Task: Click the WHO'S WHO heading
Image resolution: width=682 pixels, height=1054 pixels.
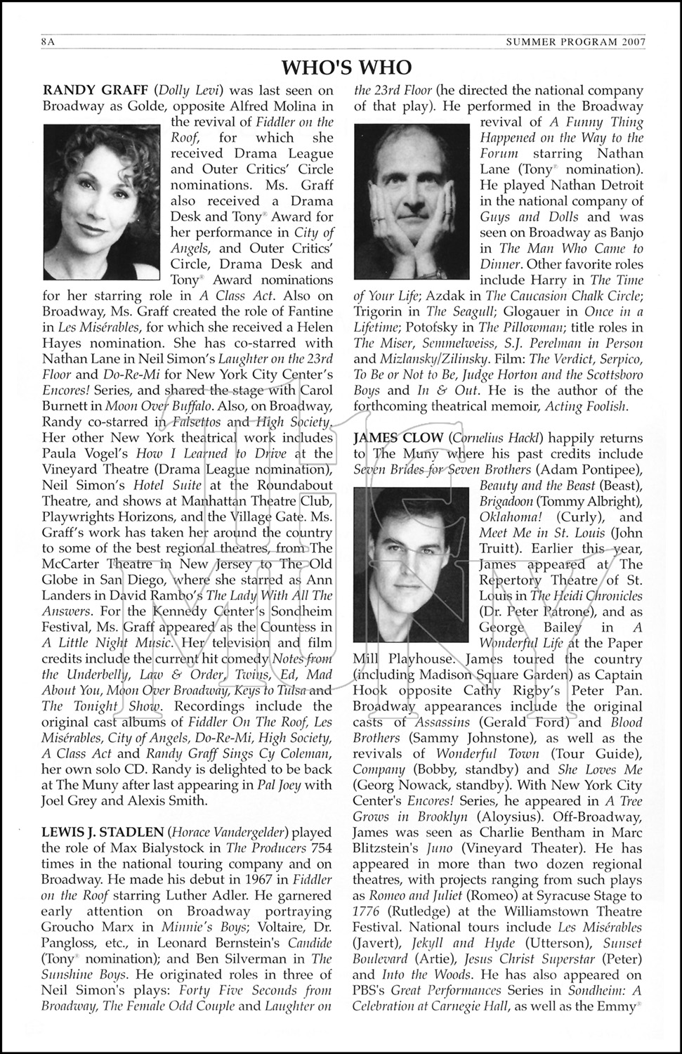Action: [x=346, y=67]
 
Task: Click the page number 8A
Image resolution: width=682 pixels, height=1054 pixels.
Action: [x=48, y=43]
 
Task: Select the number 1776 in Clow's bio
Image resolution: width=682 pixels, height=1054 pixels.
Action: [x=368, y=911]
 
